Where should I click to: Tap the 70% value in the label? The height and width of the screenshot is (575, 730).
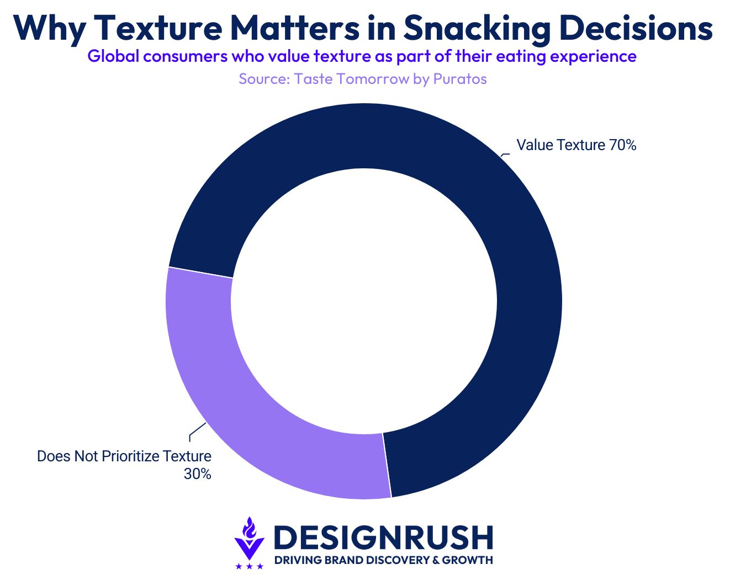point(622,145)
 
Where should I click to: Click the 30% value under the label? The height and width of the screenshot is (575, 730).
point(197,474)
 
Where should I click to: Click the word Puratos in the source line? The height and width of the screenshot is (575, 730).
point(460,79)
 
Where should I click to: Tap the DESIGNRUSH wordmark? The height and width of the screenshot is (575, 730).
point(383,537)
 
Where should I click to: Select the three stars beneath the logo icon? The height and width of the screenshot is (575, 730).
point(250,566)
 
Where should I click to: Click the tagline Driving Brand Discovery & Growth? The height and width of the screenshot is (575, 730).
point(383,561)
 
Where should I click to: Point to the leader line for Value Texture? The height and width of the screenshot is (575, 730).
point(505,155)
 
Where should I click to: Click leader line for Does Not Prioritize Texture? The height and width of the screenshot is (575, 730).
point(196,431)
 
